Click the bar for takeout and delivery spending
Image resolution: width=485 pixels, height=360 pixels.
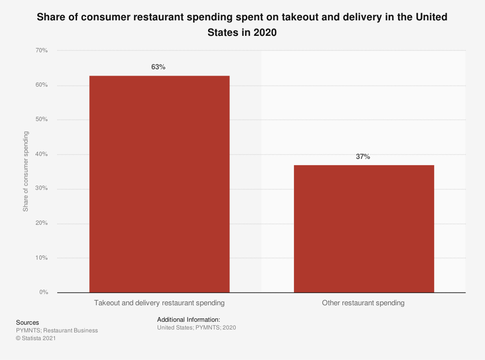159,184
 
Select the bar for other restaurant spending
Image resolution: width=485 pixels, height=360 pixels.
364,229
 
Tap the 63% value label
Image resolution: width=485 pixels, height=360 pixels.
158,67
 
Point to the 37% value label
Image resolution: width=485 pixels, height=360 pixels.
363,157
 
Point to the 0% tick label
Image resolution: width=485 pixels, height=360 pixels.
43,292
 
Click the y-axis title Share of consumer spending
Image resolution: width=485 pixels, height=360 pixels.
26,171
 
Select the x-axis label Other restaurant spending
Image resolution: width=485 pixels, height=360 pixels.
363,303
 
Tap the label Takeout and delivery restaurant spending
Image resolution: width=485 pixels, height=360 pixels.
159,303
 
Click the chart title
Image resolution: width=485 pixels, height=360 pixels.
242,24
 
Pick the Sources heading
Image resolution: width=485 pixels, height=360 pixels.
28,323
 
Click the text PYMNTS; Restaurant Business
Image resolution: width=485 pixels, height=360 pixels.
57,330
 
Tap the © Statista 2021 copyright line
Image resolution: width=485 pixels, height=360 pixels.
36,339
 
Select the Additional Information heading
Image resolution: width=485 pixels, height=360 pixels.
189,320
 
